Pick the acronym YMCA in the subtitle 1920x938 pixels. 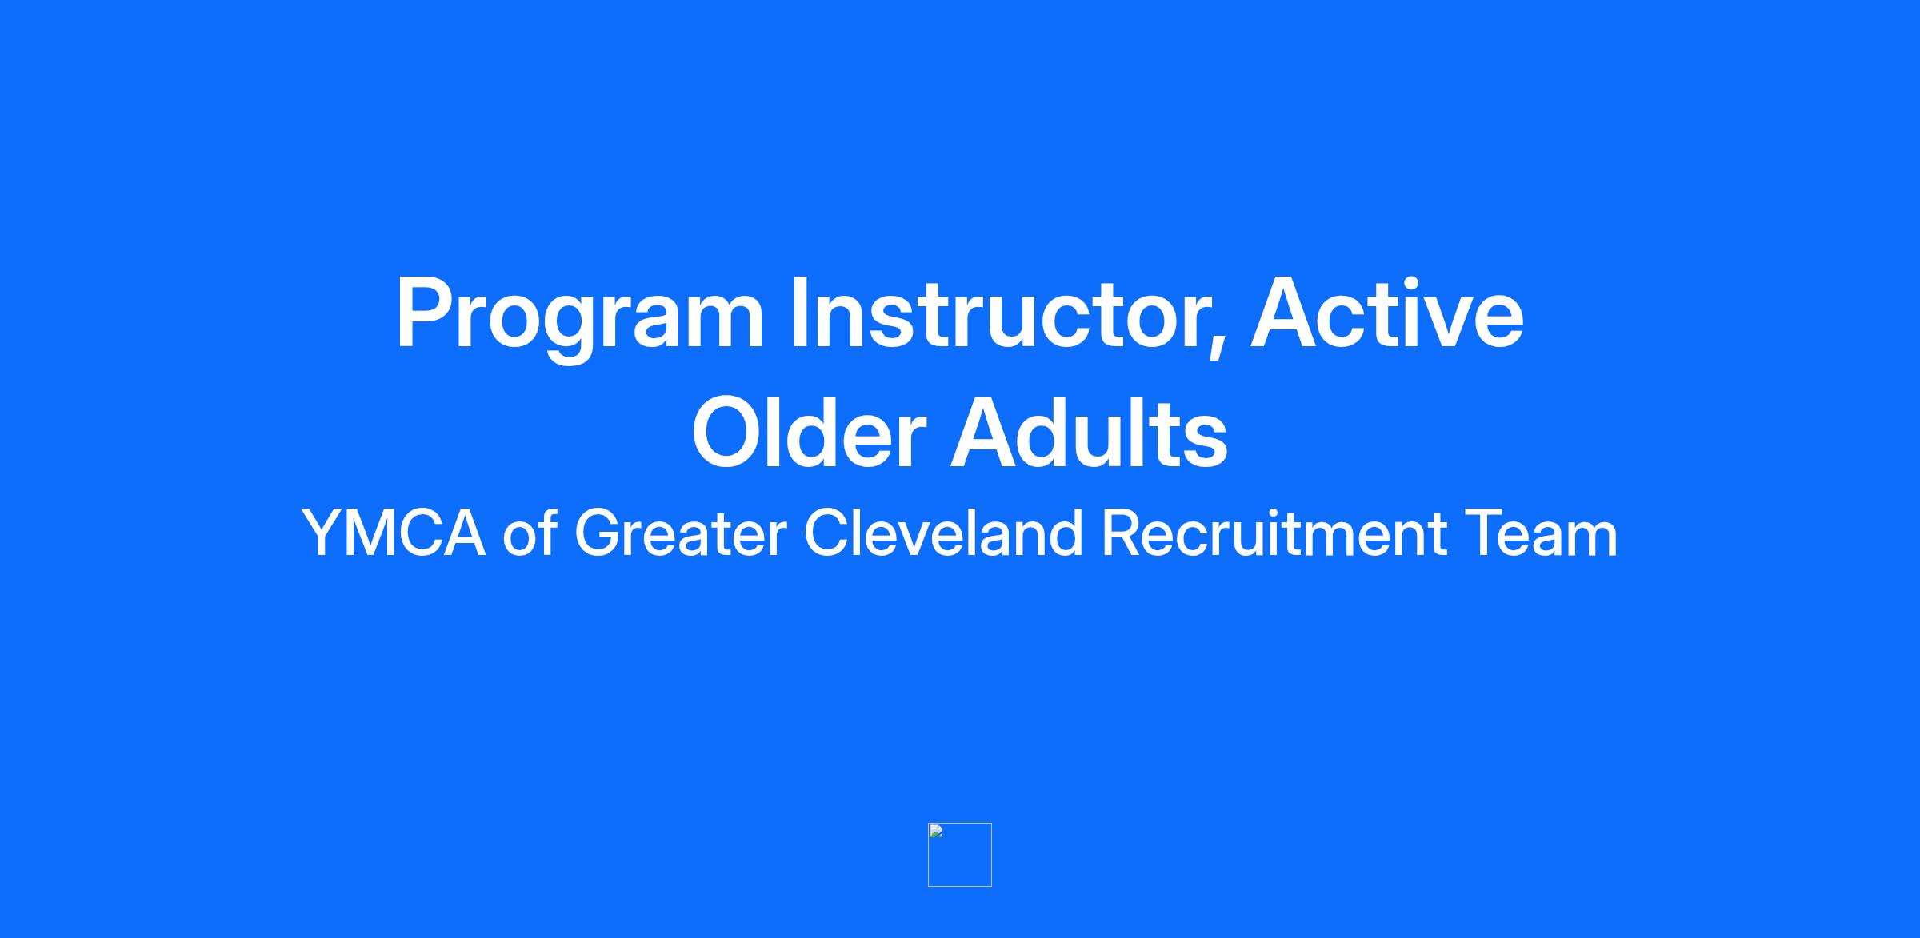pyautogui.click(x=394, y=533)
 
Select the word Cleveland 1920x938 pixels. pyautogui.click(x=944, y=532)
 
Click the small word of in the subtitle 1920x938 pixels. pyautogui.click(x=530, y=532)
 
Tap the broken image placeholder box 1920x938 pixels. pyautogui.click(x=960, y=855)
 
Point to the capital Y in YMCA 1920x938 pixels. pyautogui.click(x=324, y=533)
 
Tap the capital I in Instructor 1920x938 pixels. pyautogui.click(x=798, y=312)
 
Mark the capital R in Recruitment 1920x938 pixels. pyautogui.click(x=1122, y=533)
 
